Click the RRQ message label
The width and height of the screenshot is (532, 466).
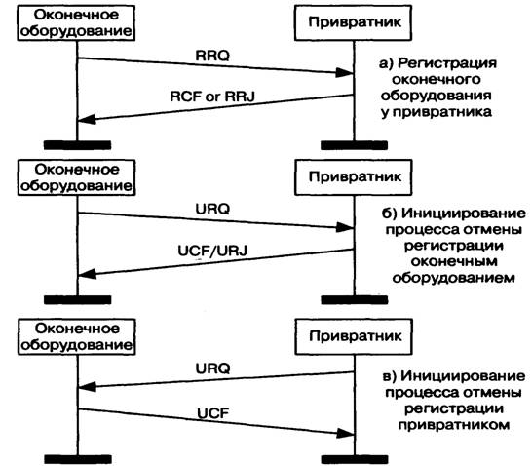click(212, 56)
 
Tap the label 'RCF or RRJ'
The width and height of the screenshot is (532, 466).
click(212, 97)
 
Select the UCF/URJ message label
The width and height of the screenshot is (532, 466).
click(212, 251)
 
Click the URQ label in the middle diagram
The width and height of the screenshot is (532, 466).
click(212, 209)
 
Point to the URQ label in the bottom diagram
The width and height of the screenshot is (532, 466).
click(212, 369)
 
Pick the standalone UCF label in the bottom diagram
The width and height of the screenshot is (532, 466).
click(213, 413)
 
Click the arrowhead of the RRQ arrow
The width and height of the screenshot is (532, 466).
click(344, 72)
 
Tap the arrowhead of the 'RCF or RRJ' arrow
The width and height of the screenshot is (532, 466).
click(87, 119)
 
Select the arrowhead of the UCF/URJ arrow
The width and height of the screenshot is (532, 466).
click(87, 274)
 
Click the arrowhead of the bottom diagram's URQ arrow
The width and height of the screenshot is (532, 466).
click(87, 387)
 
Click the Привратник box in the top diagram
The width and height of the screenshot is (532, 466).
click(353, 22)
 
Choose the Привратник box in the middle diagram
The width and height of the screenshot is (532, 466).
click(353, 177)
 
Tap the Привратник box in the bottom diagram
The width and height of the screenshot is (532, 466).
click(354, 336)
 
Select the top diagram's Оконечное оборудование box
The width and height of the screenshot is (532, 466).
click(76, 23)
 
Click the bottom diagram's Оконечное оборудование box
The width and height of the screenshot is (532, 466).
click(77, 337)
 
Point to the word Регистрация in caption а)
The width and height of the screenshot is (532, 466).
click(447, 63)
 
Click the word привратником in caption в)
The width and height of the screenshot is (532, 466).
click(454, 425)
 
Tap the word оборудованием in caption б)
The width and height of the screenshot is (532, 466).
click(454, 278)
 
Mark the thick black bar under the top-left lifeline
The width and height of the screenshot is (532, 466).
click(77, 145)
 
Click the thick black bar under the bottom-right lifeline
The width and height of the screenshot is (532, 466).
click(355, 459)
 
